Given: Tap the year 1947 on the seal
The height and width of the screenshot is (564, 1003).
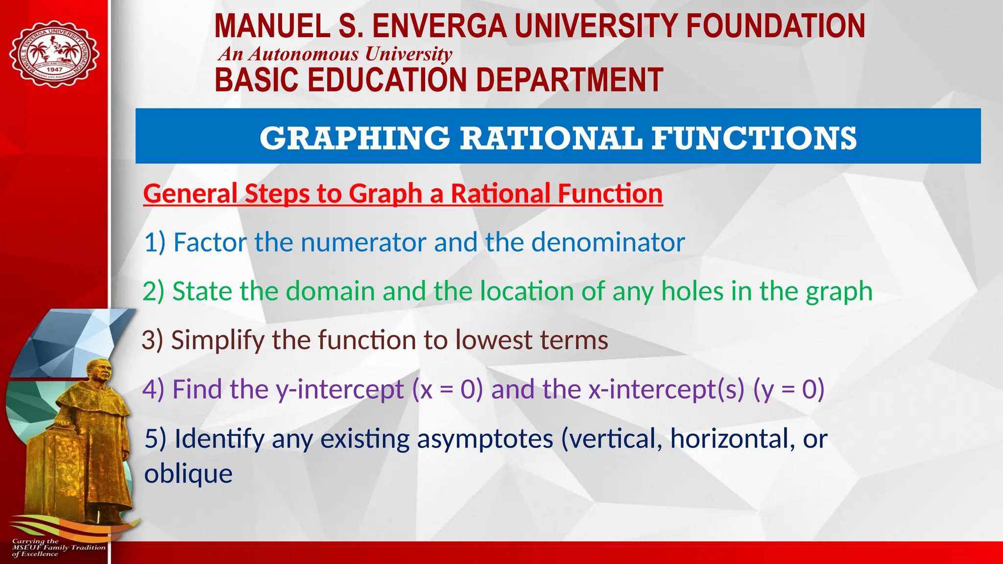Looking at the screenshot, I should [x=54, y=70].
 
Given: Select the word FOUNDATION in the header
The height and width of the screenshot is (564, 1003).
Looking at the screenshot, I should [x=775, y=26].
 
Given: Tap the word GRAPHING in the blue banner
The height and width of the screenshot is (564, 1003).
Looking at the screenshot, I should [x=355, y=138].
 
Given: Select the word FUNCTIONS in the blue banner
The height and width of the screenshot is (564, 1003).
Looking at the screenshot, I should [x=754, y=138].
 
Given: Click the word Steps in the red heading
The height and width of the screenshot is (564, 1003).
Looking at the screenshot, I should [x=277, y=193].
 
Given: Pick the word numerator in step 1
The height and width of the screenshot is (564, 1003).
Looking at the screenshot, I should [x=363, y=242].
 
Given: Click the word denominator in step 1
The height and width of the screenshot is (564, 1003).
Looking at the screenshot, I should [x=608, y=242].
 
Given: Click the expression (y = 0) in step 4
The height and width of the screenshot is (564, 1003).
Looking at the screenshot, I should [x=789, y=390].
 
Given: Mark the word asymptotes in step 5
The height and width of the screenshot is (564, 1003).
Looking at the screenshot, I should [x=485, y=439].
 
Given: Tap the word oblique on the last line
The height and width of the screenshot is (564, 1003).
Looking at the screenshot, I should [x=188, y=474].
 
